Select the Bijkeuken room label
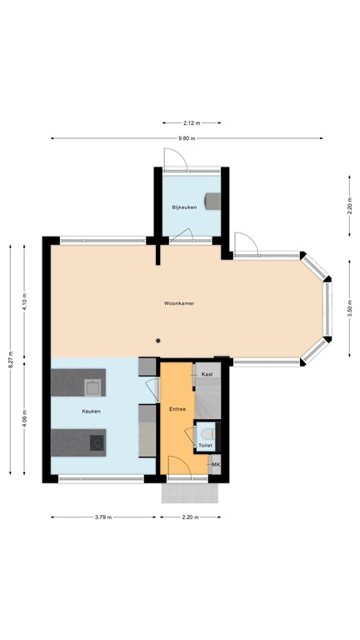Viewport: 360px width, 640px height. click(x=184, y=207)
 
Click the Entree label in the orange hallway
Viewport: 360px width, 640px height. click(x=177, y=410)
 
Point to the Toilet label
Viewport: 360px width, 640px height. click(x=205, y=446)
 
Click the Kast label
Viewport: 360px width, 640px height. click(x=207, y=374)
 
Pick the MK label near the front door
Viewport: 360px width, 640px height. click(x=216, y=464)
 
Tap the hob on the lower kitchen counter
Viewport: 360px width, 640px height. click(x=96, y=441)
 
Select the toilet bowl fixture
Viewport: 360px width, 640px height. click(x=207, y=432)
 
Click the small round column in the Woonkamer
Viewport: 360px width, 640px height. click(x=158, y=339)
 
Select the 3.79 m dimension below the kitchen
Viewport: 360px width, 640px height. click(x=102, y=517)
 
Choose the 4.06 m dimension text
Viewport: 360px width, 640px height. click(x=25, y=417)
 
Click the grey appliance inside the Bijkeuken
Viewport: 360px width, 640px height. click(x=214, y=201)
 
